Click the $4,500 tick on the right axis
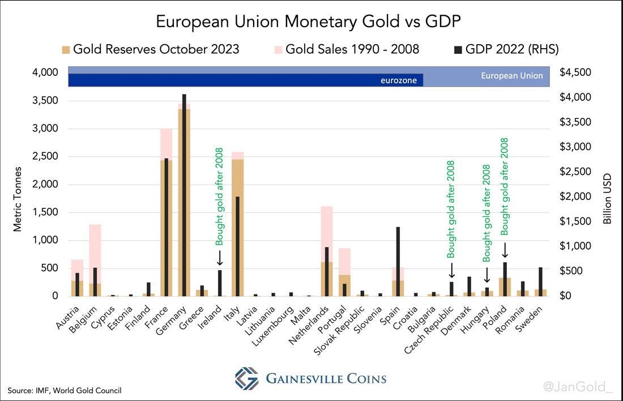pyautogui.click(x=575, y=72)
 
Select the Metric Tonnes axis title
pyautogui.click(x=18, y=199)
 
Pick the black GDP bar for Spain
pyautogui.click(x=399, y=261)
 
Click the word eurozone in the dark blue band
pyautogui.click(x=399, y=80)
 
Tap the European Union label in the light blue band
pyautogui.click(x=511, y=76)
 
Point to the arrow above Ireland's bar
pyautogui.click(x=220, y=258)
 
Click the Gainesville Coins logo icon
pyautogui.click(x=246, y=378)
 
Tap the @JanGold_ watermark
pyautogui.click(x=578, y=387)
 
